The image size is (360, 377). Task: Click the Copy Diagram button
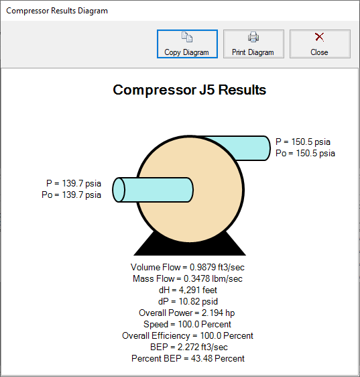coord(187,44)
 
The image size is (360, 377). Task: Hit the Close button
coord(320,44)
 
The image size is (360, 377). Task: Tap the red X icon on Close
coord(319,37)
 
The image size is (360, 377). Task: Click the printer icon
coord(253,37)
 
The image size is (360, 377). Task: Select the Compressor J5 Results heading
coord(189,90)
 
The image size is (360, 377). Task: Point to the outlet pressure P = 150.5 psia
coord(303,142)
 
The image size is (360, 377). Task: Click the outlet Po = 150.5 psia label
coord(305,153)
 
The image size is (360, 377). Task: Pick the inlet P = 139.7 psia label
coord(74,183)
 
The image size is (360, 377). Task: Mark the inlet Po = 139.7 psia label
coord(71,195)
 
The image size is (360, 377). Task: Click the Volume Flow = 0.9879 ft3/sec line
coord(188,267)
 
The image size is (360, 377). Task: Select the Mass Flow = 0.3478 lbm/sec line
coord(188,278)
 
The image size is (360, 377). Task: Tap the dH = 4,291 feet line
coord(188,290)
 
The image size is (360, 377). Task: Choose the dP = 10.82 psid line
coord(188,301)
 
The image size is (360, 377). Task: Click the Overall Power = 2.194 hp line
coord(187,313)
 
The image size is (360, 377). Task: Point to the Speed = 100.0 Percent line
coord(187,325)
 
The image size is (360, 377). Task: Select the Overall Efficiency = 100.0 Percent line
coord(188,335)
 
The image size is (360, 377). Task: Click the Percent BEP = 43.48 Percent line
coord(188,358)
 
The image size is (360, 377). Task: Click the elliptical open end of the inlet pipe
coord(119,190)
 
